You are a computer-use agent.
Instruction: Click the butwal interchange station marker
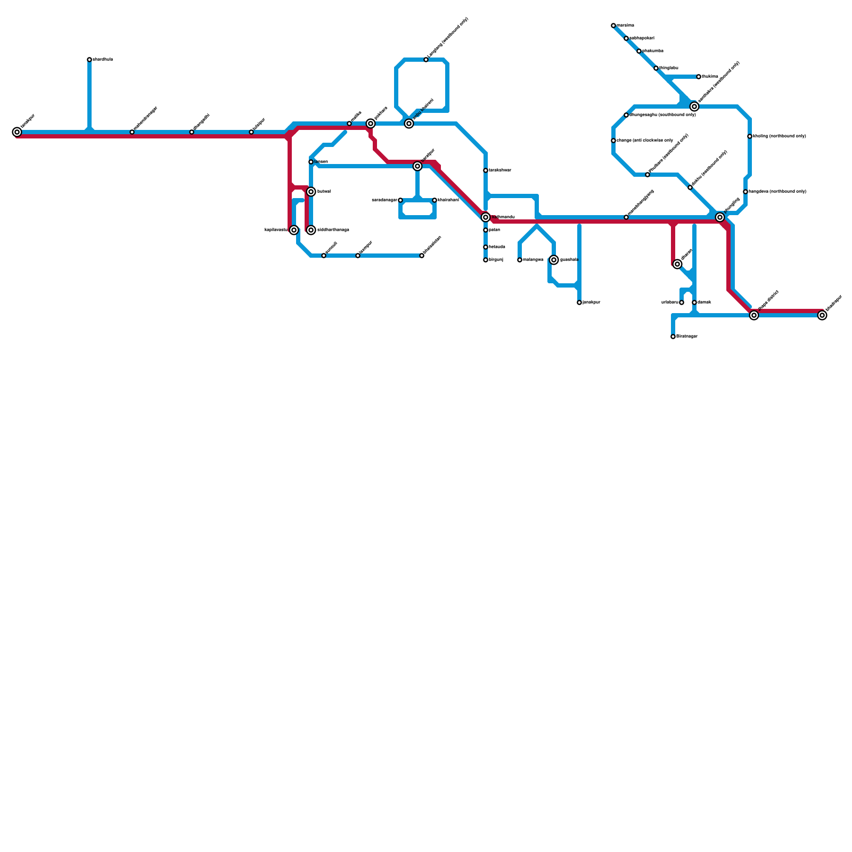[x=311, y=192]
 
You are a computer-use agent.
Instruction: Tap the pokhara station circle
[x=371, y=124]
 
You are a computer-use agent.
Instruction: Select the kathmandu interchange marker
[x=486, y=217]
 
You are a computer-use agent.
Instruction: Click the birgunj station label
[x=496, y=260]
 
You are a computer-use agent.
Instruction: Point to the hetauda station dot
[x=486, y=247]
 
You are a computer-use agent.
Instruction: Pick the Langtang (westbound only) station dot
[x=426, y=60]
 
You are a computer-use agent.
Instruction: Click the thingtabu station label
[x=669, y=68]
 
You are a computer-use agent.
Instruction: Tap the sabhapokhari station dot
[x=626, y=38]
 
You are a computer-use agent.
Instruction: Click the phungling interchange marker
[x=720, y=217]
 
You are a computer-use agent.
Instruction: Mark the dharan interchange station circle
[x=677, y=264]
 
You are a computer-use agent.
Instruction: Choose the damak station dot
[x=694, y=302]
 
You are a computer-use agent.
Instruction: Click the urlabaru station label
[x=669, y=302]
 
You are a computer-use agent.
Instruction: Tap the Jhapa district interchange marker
[x=754, y=315]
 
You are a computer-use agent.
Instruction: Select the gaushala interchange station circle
[x=554, y=260]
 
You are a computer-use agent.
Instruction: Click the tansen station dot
[x=311, y=162]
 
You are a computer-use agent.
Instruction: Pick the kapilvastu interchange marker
[x=294, y=230]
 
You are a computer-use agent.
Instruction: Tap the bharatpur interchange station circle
[x=417, y=166]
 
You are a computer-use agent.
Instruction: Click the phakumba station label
[x=653, y=51]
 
